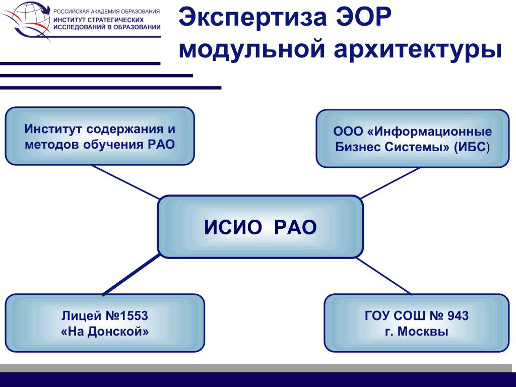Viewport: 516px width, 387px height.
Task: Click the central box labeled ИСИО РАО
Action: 260,227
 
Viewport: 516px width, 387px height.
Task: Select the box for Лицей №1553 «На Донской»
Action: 105,323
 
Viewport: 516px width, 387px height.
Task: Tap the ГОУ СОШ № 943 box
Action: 416,323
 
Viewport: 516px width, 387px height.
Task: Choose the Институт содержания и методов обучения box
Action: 100,136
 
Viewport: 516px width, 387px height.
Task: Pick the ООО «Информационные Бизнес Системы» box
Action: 412,138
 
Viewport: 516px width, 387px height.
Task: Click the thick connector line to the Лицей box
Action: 131,275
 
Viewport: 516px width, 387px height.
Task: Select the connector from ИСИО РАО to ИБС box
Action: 390,183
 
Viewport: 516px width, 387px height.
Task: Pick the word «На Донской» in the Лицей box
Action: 105,332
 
